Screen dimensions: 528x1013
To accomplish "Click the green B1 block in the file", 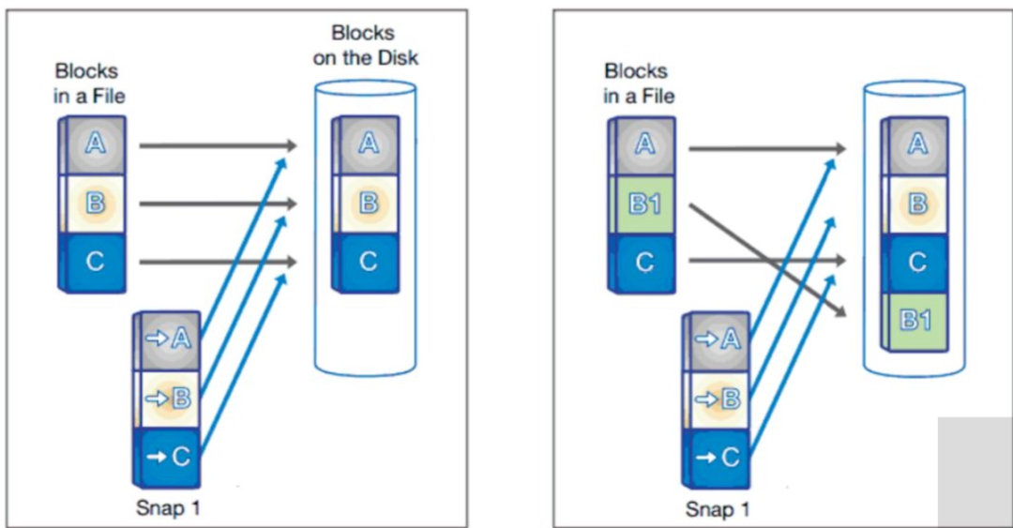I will pyautogui.click(x=644, y=204).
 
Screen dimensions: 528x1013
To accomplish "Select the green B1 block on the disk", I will pyautogui.click(x=916, y=319).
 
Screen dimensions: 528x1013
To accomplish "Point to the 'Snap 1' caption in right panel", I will pyautogui.click(x=718, y=509).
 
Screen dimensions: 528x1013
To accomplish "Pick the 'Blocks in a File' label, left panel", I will pyautogui.click(x=89, y=83).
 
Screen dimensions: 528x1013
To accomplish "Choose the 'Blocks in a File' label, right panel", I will pyautogui.click(x=639, y=83).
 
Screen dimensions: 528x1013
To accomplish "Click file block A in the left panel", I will pyautogui.click(x=93, y=144).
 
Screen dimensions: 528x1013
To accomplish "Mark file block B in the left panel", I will pyautogui.click(x=93, y=204).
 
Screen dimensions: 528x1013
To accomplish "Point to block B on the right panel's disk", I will pyautogui.click(x=916, y=204).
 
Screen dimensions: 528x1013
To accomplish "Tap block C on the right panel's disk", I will pyautogui.click(x=916, y=262).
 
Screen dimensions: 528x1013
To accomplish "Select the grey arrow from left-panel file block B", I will pyautogui.click(x=216, y=204).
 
